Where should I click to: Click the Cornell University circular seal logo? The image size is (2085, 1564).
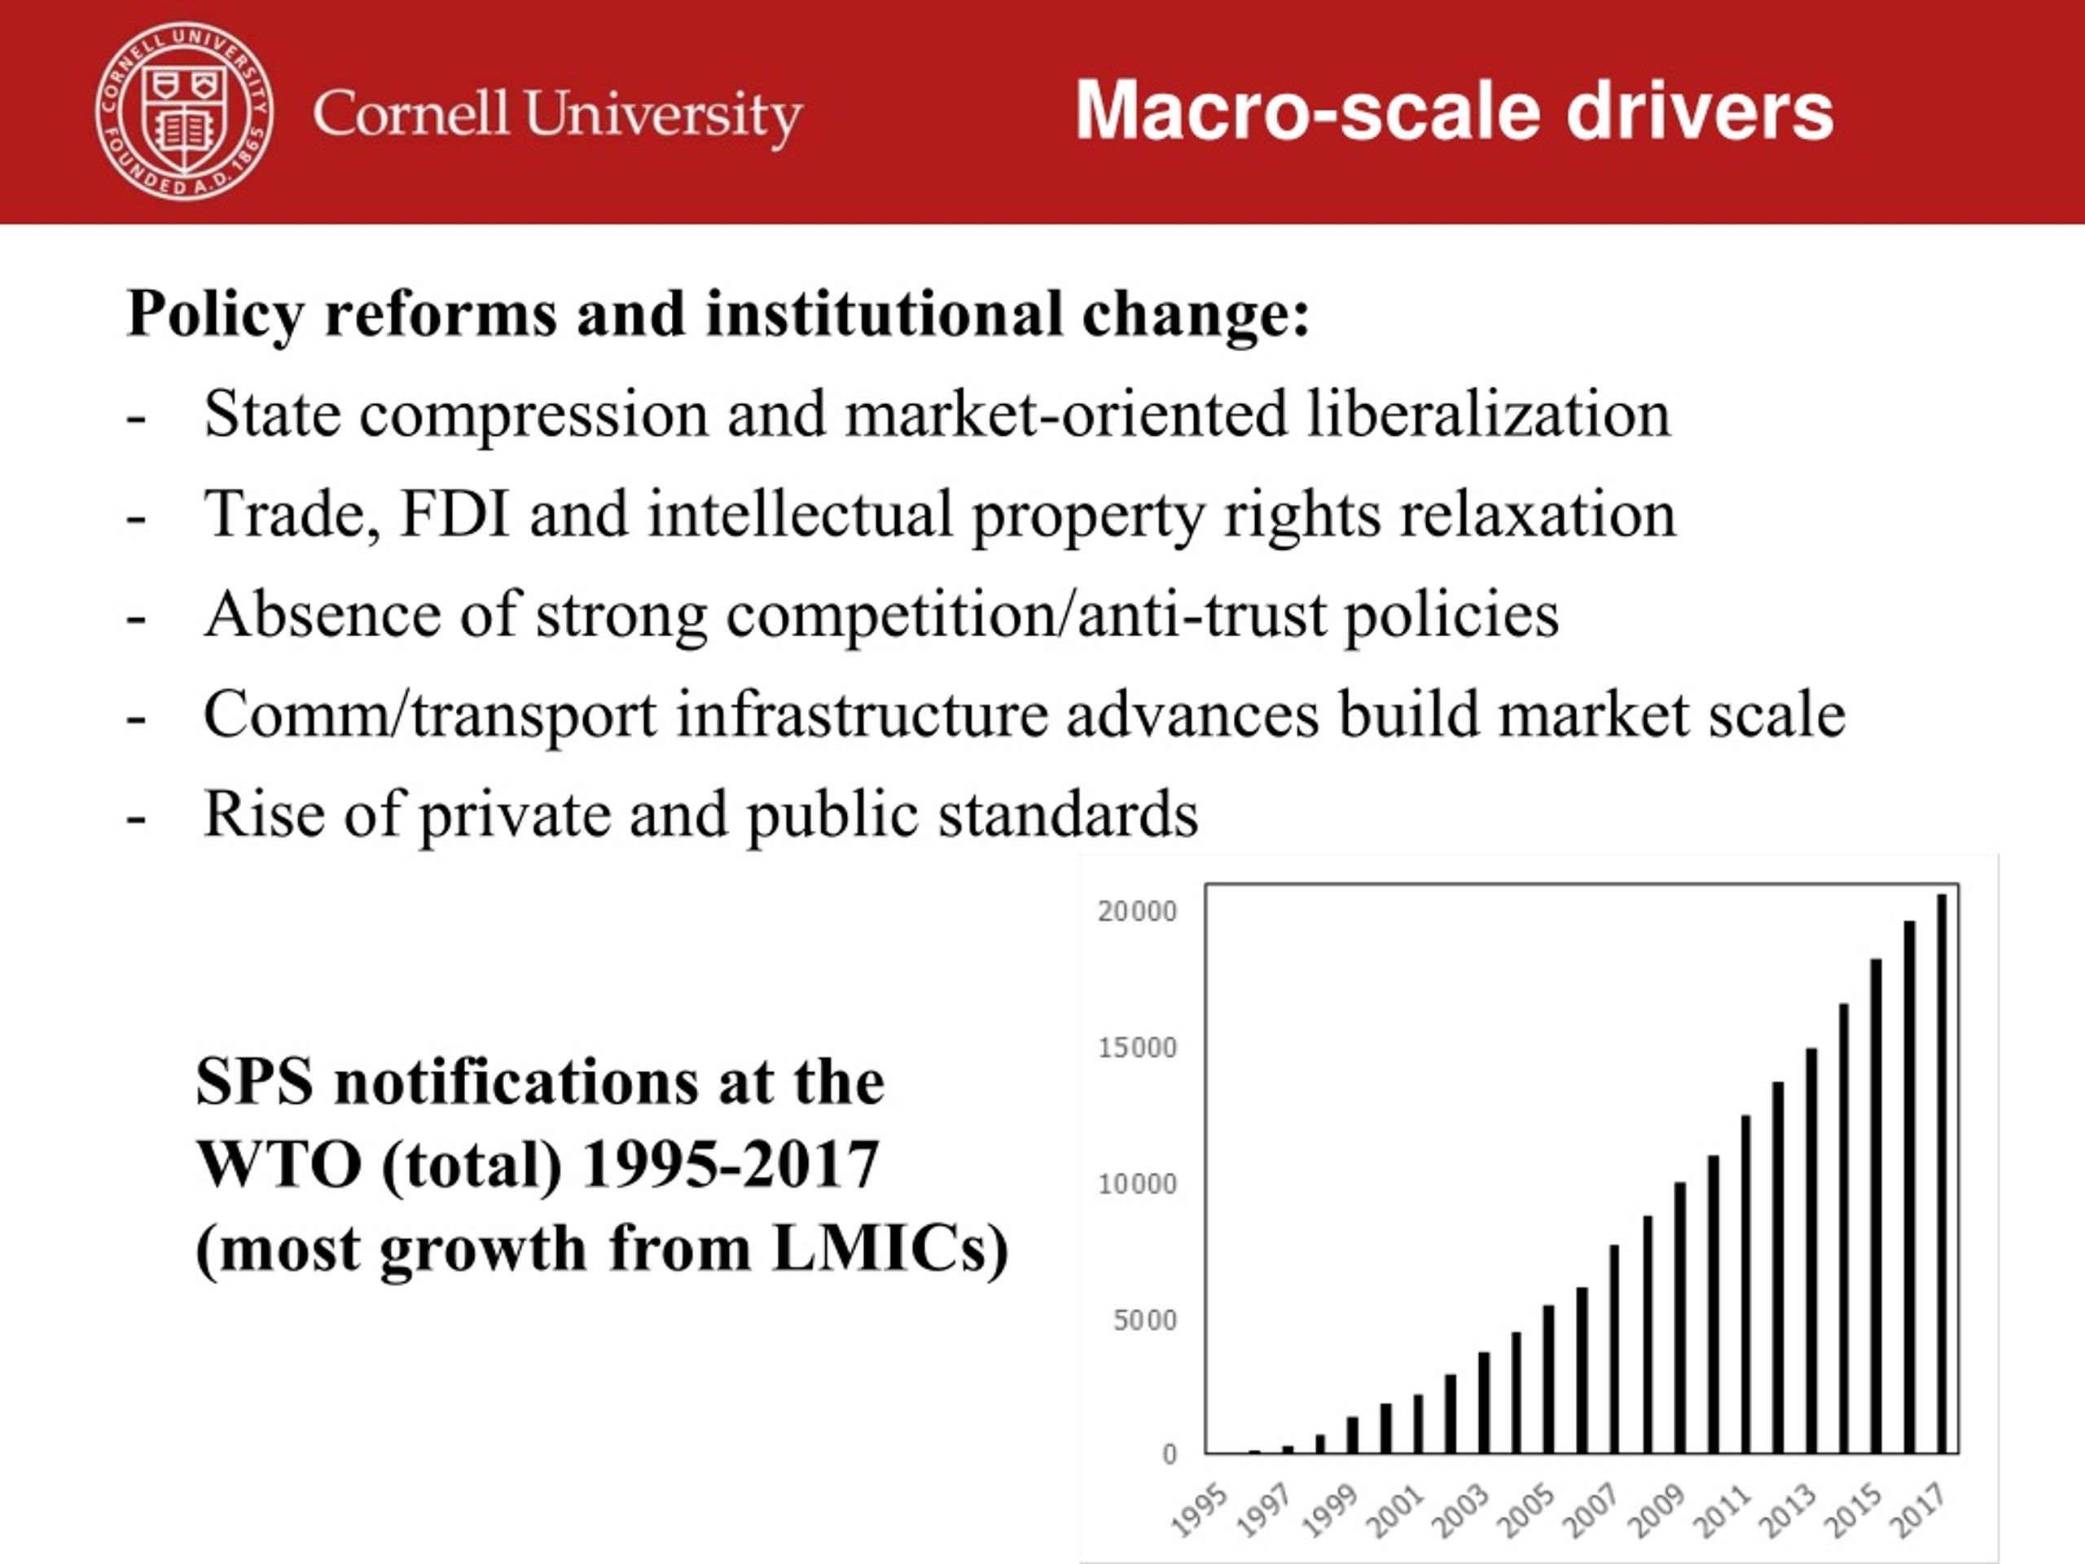tap(185, 112)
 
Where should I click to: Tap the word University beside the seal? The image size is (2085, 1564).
tap(663, 115)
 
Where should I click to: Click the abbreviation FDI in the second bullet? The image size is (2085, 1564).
tap(454, 515)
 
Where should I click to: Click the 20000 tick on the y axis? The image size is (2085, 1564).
tap(1138, 912)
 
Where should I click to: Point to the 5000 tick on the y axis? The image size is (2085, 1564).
tap(1145, 1320)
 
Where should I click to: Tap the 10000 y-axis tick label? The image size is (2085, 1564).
tap(1138, 1184)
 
